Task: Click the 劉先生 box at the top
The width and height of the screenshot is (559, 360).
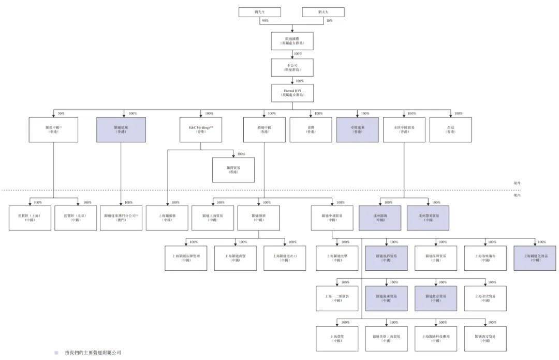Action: click(259, 12)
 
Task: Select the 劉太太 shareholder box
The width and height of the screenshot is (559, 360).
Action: click(323, 12)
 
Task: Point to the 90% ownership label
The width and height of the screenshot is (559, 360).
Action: click(265, 21)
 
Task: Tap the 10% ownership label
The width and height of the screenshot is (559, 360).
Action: click(329, 21)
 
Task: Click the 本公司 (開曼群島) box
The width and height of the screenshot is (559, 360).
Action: click(292, 67)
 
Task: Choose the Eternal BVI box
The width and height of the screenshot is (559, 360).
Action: click(292, 93)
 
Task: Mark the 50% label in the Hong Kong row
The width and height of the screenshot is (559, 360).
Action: click(61, 113)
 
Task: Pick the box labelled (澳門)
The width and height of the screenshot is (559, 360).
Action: click(121, 218)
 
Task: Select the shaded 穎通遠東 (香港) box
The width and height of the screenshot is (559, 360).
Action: click(121, 129)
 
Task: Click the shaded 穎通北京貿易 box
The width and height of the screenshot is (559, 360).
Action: click(435, 298)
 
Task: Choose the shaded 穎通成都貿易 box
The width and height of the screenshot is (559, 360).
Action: click(386, 258)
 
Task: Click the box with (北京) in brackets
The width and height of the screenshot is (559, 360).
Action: click(76, 218)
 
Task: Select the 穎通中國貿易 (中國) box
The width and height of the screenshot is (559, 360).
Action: click(332, 218)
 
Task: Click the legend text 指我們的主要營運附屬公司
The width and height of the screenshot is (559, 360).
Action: click(91, 353)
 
